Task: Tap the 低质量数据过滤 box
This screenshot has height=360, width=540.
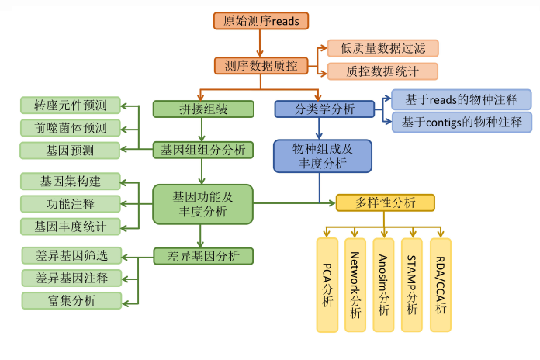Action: (x=382, y=48)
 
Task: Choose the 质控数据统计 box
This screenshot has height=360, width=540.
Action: (x=382, y=71)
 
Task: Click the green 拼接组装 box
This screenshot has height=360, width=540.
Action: (x=203, y=109)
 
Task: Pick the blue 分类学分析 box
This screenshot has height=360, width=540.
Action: (x=320, y=109)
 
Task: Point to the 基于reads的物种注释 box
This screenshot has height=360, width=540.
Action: (x=462, y=99)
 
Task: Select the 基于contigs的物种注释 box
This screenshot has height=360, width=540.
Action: (x=462, y=122)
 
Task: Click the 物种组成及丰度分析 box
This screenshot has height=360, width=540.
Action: (x=320, y=155)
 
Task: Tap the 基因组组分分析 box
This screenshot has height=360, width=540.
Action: (x=203, y=149)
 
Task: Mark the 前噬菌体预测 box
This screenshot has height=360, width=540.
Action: (x=71, y=127)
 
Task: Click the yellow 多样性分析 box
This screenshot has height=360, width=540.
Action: (x=385, y=203)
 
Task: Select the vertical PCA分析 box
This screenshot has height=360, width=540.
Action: (x=328, y=286)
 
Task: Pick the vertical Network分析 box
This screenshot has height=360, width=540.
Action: (x=355, y=286)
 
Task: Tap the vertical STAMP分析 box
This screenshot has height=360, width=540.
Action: (x=412, y=286)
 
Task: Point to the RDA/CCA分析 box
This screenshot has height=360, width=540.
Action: (x=440, y=286)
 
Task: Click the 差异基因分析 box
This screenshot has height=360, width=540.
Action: (x=203, y=255)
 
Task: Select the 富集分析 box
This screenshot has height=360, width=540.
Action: (x=71, y=300)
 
